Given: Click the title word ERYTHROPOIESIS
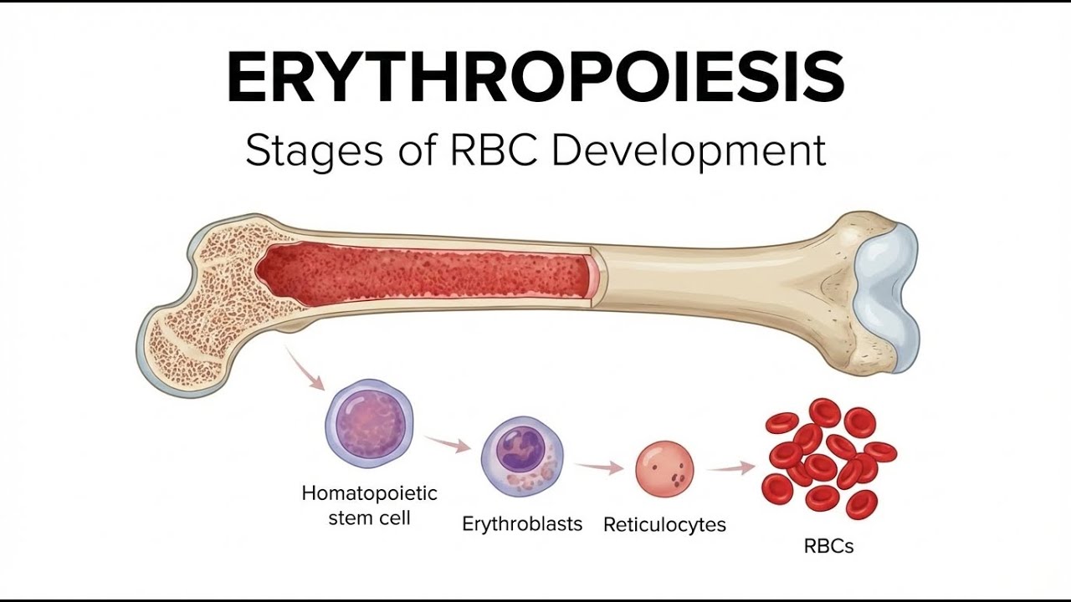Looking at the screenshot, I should pos(535,78).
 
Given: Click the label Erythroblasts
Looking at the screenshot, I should pos(522,525).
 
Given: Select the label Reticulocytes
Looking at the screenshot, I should pos(664,525).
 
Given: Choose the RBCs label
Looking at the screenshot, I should pos(828,546).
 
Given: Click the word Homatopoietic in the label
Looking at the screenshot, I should pos(369,492).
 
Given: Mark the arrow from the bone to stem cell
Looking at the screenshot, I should pos(305,370).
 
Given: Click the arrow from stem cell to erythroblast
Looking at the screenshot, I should pos(447,443).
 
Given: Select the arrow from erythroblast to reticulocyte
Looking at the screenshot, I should pos(599,467).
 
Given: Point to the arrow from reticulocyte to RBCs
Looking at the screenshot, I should pos(733,468).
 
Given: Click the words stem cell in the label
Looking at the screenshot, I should pos(369,518).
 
